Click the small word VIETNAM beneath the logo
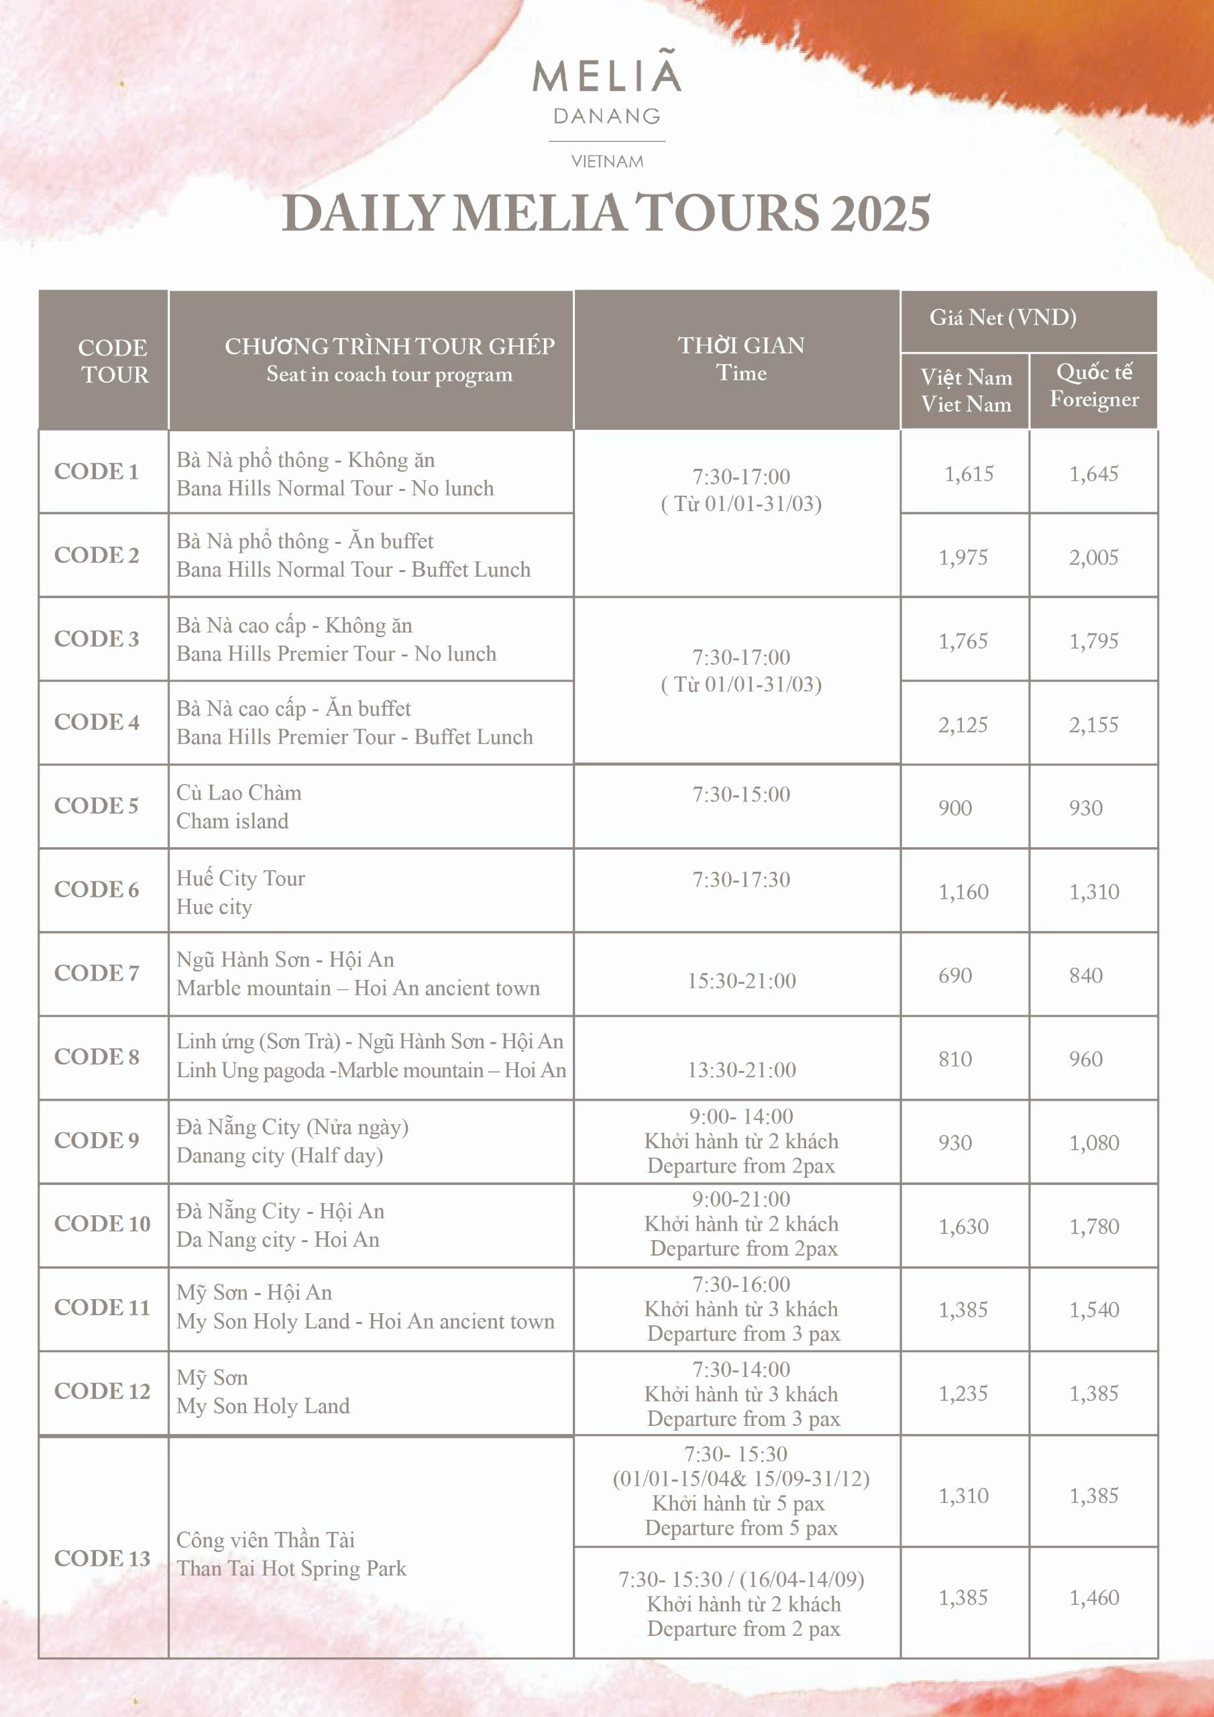tap(606, 162)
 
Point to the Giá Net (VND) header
tap(1002, 318)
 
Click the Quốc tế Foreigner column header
tap(1093, 386)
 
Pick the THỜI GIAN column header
tap(740, 359)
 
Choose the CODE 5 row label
tap(97, 806)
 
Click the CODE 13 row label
tap(102, 1559)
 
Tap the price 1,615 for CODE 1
tap(969, 474)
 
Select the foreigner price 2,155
tap(1093, 724)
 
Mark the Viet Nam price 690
tap(955, 975)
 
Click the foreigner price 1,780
tap(1093, 1227)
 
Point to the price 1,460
tap(1093, 1598)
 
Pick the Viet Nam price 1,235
tap(963, 1393)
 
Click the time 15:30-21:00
tap(741, 981)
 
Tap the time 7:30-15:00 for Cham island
tap(740, 795)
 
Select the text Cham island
tap(233, 821)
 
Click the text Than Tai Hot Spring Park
tap(291, 1568)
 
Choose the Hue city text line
tap(215, 907)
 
